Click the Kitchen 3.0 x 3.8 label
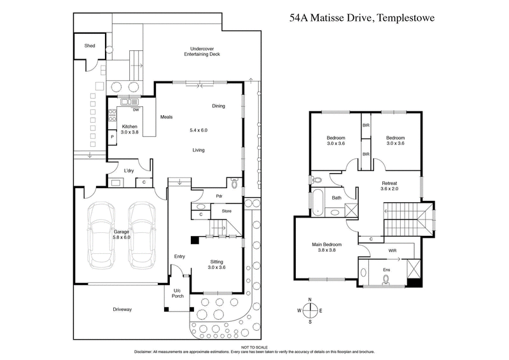[x=130, y=128]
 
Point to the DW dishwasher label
[x=136, y=109]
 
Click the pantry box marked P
[x=113, y=137]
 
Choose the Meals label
[x=167, y=116]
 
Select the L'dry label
[x=129, y=170]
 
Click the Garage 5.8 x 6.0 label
[x=122, y=235]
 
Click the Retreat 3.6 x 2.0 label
[x=393, y=186]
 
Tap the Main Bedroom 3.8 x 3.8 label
[x=328, y=247]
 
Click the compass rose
[x=310, y=310]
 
